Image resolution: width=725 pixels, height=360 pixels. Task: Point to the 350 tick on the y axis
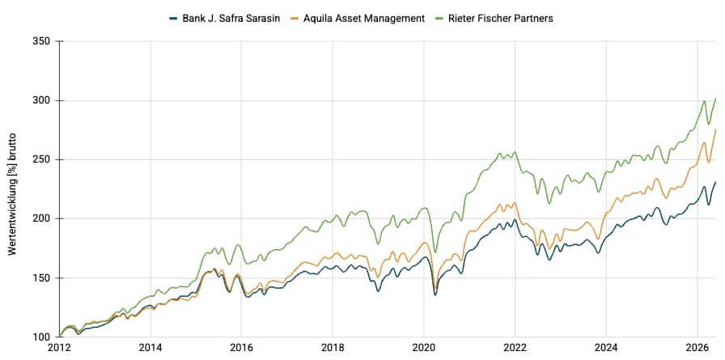[43, 41]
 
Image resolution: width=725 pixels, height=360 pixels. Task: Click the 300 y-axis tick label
[43, 101]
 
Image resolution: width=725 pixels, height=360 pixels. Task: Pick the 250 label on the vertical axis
[43, 160]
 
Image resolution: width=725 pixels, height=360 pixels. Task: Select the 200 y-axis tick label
[43, 218]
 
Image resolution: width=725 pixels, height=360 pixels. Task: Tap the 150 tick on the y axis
[43, 277]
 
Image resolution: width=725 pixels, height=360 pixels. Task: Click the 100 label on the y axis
[43, 337]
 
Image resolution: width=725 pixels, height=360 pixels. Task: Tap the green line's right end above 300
[716, 99]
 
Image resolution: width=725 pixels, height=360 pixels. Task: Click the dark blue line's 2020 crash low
[435, 294]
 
